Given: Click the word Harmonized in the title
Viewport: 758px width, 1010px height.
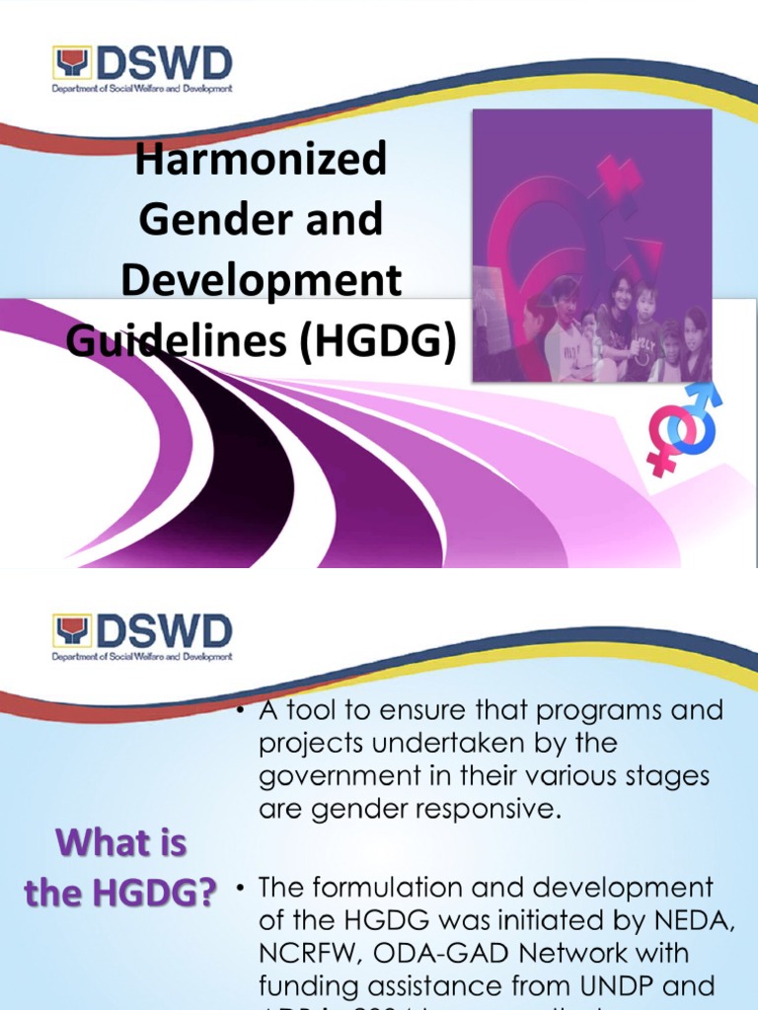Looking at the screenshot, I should coord(261,160).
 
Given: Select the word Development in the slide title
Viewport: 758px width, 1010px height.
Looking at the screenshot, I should coord(261,281).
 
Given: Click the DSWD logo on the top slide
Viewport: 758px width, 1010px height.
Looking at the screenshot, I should coord(143,69).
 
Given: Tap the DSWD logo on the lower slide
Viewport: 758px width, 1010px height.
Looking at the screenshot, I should coord(143,637).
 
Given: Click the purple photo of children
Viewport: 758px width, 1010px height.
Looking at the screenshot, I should coord(591,246).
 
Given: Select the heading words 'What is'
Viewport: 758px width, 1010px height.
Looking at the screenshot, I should coord(121,844).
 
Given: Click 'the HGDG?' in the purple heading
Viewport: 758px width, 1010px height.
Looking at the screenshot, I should coord(120,894).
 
